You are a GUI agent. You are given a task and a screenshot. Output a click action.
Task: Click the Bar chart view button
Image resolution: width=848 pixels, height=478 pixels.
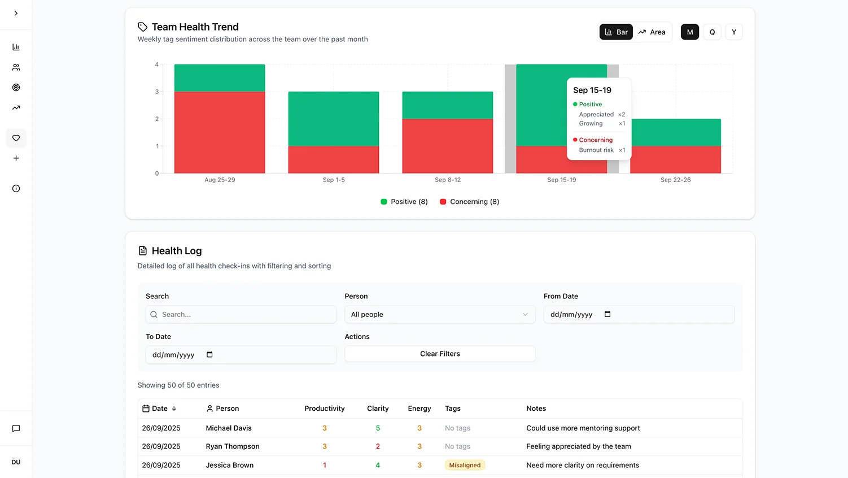[x=616, y=32]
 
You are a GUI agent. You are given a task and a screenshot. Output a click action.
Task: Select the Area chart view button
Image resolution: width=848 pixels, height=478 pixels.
[x=652, y=32]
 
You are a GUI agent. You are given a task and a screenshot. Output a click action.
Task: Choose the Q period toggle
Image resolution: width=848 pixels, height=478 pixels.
[x=712, y=32]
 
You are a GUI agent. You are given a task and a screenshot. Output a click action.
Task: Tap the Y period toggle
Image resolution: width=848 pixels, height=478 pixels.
[x=733, y=32]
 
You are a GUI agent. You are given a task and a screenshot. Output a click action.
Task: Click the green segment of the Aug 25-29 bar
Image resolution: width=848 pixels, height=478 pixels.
[x=220, y=78]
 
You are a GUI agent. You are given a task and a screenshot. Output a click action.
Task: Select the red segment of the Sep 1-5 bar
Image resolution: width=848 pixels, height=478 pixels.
[x=334, y=159]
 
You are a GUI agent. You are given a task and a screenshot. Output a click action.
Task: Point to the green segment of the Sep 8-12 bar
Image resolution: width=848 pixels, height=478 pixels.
[x=447, y=105]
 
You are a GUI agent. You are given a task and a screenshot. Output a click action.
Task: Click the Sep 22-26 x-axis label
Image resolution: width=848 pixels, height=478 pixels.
[x=675, y=180]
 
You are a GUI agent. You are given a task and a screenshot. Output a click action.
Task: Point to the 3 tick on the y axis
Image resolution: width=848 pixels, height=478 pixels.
[x=157, y=92]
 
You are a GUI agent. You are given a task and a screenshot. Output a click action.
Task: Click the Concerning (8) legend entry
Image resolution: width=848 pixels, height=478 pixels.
[x=469, y=202]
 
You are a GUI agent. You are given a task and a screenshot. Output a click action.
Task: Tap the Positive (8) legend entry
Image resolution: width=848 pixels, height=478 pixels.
[x=404, y=202]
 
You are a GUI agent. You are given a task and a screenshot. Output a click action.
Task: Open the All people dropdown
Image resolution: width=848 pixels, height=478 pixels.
[x=440, y=315]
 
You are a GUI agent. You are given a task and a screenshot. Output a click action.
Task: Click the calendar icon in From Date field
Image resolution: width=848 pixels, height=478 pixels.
[x=607, y=314]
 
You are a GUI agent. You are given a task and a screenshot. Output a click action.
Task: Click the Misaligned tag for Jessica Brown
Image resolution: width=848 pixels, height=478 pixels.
[x=465, y=465]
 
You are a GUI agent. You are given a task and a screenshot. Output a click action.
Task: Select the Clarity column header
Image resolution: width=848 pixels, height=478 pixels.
[x=378, y=409]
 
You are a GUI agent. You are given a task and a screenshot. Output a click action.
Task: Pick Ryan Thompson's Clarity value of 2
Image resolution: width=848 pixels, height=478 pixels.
[x=378, y=446]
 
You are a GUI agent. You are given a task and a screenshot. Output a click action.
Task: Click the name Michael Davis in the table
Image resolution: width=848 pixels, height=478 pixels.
[x=229, y=428]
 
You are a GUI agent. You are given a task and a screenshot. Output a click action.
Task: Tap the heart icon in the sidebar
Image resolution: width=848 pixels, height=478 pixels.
[x=16, y=138]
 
